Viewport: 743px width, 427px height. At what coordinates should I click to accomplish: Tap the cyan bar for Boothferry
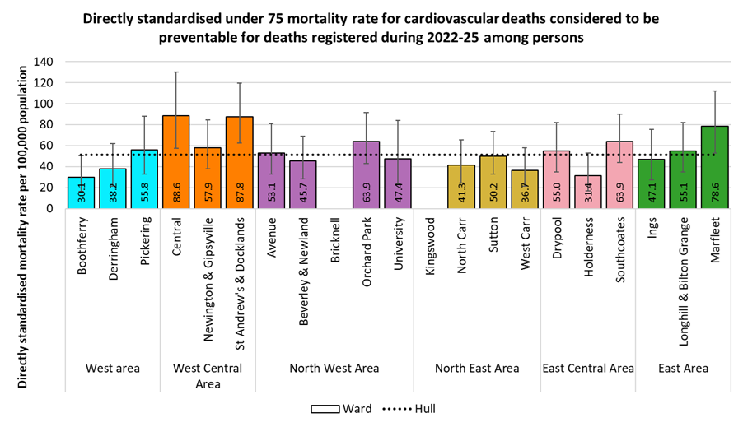(81, 193)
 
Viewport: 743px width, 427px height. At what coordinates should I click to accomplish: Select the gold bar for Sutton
(493, 182)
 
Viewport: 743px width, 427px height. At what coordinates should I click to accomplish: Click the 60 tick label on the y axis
(49, 146)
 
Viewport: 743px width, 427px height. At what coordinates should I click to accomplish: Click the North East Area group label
(478, 369)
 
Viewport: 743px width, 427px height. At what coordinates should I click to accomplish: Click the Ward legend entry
(342, 409)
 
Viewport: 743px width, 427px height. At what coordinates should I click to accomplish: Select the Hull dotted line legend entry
(409, 409)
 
